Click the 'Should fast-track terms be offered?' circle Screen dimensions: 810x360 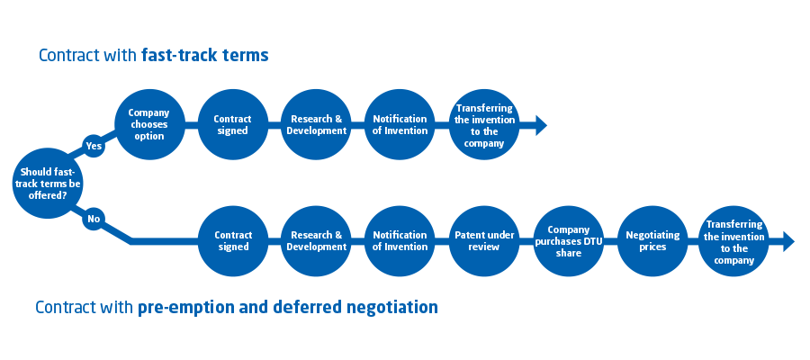point(48,184)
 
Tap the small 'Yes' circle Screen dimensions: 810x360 point(94,146)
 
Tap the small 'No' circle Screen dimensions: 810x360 point(94,219)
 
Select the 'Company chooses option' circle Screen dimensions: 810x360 point(149,124)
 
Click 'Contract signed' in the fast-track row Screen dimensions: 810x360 point(233,124)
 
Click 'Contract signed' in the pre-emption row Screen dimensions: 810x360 point(233,240)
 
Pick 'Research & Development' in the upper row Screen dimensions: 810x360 point(317,124)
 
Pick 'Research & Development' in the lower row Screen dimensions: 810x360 point(317,240)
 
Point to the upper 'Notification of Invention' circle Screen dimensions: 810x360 point(400,124)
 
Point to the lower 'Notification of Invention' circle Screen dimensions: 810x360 point(400,240)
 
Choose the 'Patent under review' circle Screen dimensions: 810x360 point(484,240)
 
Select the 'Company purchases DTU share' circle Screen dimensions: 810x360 point(569,240)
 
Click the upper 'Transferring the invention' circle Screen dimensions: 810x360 point(484,124)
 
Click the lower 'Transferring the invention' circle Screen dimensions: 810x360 point(734,240)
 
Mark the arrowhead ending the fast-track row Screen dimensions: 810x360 point(541,125)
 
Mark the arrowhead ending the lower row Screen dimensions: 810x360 point(788,241)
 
